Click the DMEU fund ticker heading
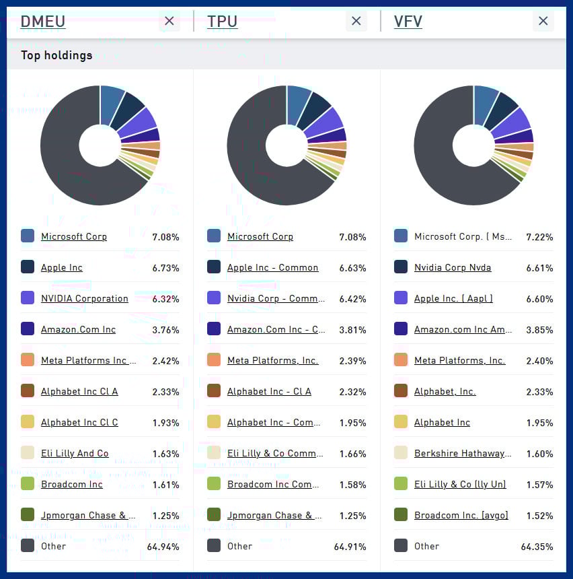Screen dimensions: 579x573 tap(43, 22)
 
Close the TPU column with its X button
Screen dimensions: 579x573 tap(356, 22)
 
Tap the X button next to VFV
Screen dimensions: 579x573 tap(543, 22)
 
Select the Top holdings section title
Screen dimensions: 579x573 tap(56, 55)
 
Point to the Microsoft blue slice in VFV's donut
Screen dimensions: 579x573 tap(485, 104)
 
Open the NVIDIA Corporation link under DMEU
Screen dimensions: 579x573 tap(84, 298)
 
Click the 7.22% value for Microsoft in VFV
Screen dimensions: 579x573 tap(540, 237)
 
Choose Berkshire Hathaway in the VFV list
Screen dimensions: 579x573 tap(463, 453)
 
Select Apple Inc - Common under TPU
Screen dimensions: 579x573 tap(272, 267)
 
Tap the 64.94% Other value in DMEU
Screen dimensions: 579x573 tap(163, 547)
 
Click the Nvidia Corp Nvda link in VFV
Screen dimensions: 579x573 tap(453, 267)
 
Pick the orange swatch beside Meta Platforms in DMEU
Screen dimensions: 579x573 tap(28, 360)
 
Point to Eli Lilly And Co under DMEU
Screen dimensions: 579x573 tap(75, 453)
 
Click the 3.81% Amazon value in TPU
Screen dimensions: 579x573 tap(353, 330)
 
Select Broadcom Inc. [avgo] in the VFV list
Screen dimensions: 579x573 tap(461, 515)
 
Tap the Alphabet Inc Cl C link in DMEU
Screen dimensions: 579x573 tap(79, 422)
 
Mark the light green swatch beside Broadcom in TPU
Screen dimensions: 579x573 tap(214, 484)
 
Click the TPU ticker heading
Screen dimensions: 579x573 tap(223, 22)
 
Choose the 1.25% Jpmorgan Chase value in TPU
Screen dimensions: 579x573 tap(353, 516)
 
